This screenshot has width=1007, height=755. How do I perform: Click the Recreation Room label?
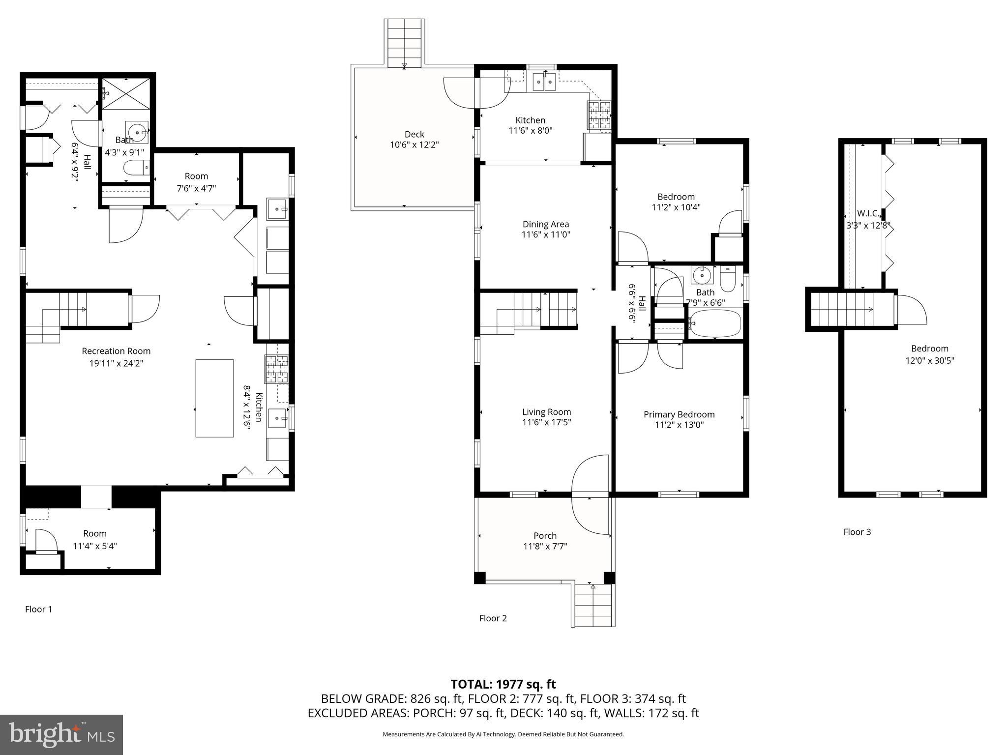[116, 351]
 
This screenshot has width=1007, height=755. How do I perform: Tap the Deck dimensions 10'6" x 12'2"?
[414, 145]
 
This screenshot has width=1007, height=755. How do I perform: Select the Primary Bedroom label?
[679, 414]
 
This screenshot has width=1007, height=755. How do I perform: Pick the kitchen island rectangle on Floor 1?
[214, 398]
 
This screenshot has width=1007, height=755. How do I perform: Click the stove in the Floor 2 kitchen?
[598, 116]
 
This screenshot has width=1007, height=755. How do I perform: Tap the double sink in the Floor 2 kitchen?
[544, 81]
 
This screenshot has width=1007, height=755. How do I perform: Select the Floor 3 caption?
[857, 532]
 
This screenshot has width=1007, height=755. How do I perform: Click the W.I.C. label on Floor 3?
[868, 213]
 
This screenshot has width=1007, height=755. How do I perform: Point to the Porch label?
[545, 536]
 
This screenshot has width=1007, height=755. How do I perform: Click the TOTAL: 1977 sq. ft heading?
[503, 684]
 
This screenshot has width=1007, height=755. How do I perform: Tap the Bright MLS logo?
[61, 734]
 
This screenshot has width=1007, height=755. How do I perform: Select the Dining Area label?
[546, 224]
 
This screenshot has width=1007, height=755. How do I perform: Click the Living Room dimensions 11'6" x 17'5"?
[546, 422]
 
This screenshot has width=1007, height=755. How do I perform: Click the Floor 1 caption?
[38, 610]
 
